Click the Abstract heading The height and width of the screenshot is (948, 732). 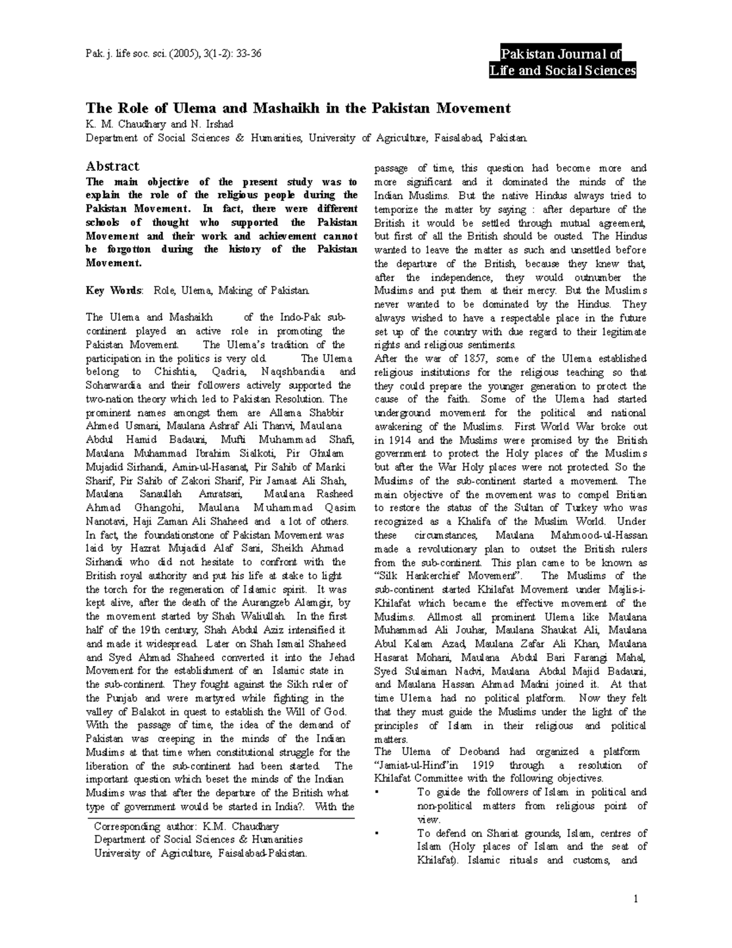(112, 166)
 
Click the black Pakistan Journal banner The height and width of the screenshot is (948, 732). (562, 63)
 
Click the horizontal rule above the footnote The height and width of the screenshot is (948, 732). (220, 817)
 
